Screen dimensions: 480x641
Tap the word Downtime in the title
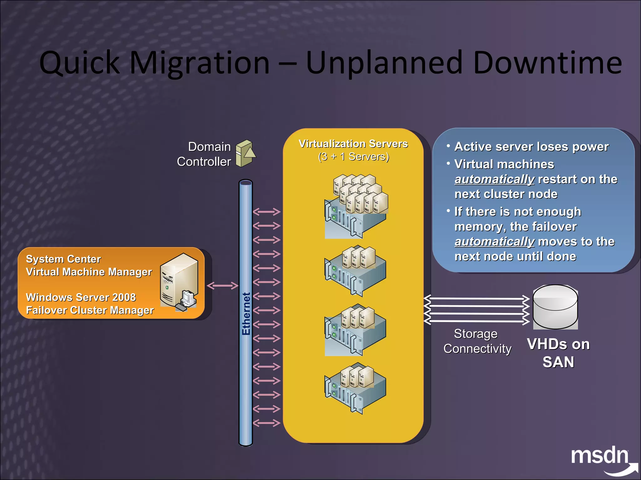pyautogui.click(x=547, y=63)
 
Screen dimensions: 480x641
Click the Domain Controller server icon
pyautogui.click(x=245, y=153)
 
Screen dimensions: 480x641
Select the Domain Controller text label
pyautogui.click(x=204, y=154)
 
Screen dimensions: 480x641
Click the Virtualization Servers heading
pyautogui.click(x=353, y=144)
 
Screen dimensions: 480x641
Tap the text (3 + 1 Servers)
pyautogui.click(x=353, y=157)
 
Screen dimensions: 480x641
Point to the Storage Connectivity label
pyautogui.click(x=477, y=341)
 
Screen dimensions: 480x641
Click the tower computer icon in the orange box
pyautogui.click(x=179, y=282)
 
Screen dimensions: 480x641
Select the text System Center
pyautogui.click(x=64, y=259)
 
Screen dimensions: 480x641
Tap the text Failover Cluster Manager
pyautogui.click(x=90, y=310)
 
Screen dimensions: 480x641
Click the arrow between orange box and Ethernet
pyautogui.click(x=223, y=286)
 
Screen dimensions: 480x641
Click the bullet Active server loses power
pyautogui.click(x=531, y=147)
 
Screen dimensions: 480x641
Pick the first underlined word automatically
pyautogui.click(x=494, y=179)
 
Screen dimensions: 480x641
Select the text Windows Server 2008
pyautogui.click(x=81, y=297)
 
